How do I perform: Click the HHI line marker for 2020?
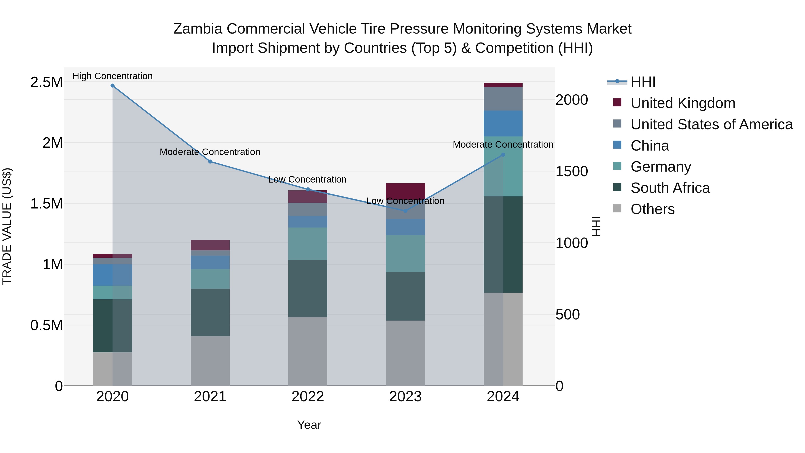(x=112, y=86)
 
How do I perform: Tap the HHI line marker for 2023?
(x=405, y=211)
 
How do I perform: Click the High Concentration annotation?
(x=112, y=76)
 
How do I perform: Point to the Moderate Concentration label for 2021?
(x=210, y=152)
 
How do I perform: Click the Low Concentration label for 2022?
(x=307, y=179)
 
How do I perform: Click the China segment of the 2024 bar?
(x=503, y=123)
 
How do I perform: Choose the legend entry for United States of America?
(x=711, y=124)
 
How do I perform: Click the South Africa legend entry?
(x=670, y=188)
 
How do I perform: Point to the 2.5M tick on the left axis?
(x=46, y=82)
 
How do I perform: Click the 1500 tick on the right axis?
(x=572, y=171)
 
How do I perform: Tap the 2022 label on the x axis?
(x=307, y=397)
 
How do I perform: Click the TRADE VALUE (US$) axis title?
(x=7, y=226)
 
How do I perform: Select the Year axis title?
(x=309, y=425)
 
